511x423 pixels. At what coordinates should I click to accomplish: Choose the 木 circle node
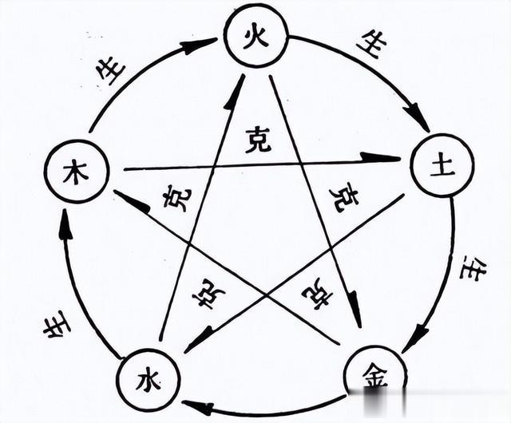tap(76, 172)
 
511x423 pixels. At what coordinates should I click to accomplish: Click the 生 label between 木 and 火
tap(113, 71)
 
